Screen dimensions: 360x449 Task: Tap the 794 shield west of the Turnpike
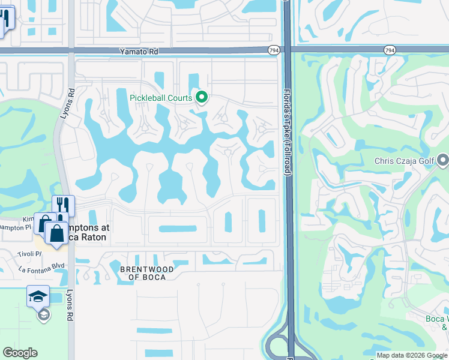pos(274,50)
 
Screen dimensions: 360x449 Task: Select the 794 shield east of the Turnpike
pos(390,50)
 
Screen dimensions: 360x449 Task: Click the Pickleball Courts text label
pos(161,98)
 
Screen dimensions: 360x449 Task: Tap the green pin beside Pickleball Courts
pos(202,97)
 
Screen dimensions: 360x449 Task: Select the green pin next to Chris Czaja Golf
pos(443,160)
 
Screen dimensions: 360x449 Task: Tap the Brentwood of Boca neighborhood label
pos(147,274)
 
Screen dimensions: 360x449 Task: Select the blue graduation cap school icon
pos(38,296)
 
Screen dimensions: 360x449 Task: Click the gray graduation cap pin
pos(42,314)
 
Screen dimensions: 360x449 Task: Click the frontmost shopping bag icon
pos(56,232)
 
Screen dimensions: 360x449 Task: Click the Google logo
pos(20,353)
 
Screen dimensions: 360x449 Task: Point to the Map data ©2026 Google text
pos(412,355)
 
